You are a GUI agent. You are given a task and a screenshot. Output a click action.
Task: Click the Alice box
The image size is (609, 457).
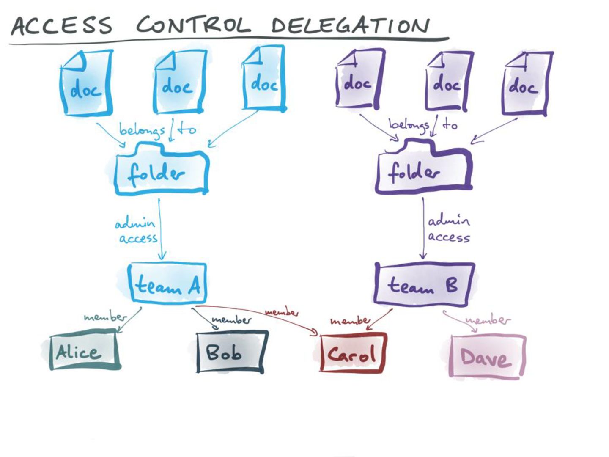coord(84,352)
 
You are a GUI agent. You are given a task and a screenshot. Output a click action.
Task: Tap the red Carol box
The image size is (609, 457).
coord(353,353)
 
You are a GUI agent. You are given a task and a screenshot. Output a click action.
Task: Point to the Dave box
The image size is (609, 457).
coord(487,356)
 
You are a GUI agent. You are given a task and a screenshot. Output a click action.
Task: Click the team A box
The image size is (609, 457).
coord(168,283)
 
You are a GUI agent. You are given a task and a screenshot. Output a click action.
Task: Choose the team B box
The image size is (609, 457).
coord(424,284)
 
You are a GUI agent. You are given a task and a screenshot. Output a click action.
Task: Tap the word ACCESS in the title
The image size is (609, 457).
coord(62,25)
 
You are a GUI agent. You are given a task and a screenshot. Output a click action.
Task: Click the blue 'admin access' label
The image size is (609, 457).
coord(136,231)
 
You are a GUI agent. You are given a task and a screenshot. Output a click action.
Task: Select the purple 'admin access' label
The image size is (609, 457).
coord(448,229)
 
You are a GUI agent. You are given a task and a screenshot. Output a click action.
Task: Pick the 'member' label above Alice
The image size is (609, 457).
coord(105,317)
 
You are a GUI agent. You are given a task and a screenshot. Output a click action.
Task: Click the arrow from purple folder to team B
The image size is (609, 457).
coord(423,228)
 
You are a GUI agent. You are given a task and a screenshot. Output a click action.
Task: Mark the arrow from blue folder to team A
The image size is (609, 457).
coord(160,228)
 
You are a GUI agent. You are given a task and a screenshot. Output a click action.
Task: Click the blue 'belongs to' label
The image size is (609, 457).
coord(157,129)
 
